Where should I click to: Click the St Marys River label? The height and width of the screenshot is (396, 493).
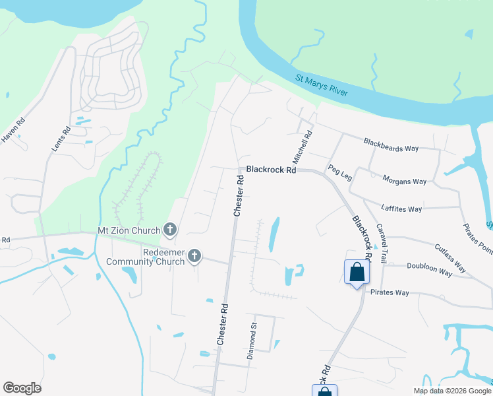321,86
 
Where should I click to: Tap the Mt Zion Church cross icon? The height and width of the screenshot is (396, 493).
170,230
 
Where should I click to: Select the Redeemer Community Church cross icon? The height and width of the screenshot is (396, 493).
194,255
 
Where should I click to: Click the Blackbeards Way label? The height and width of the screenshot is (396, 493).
391,145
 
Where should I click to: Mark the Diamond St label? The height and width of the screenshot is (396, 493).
251,341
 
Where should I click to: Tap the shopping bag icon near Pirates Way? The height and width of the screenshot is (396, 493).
357,272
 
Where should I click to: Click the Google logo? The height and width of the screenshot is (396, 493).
22,388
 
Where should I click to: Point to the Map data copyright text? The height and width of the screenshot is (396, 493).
451,391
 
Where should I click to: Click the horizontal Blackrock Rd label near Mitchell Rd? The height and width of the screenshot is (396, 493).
270,170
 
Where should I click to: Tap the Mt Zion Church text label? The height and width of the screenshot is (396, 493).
129,230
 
